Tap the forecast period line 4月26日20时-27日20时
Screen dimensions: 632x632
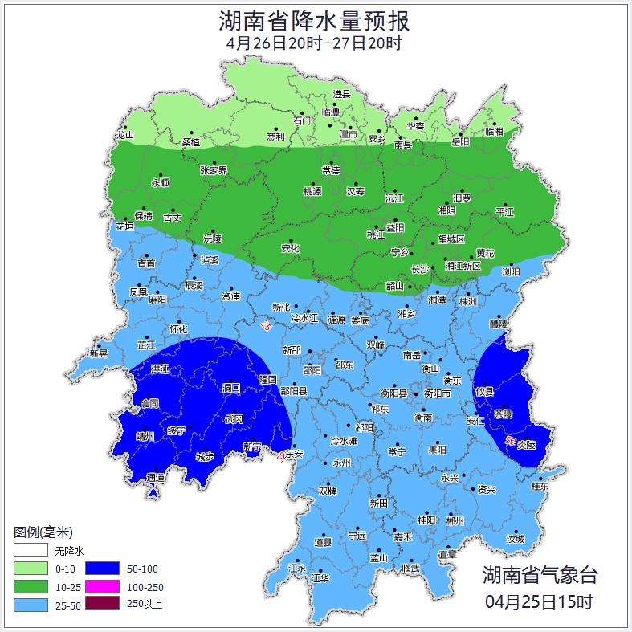click(315, 43)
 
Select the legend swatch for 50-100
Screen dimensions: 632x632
click(100, 569)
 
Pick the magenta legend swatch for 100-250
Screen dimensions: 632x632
click(100, 586)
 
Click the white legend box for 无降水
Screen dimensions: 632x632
click(30, 551)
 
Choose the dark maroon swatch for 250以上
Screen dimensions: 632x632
click(100, 604)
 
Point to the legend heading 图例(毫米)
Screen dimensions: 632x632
click(43, 532)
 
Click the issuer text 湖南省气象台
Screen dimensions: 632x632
click(540, 574)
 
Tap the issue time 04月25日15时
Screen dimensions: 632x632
click(540, 601)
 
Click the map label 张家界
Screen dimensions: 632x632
click(214, 170)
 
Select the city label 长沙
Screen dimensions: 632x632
click(420, 270)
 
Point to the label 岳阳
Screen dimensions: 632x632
click(460, 142)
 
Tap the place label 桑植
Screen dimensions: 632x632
click(191, 141)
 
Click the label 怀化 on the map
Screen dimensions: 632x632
click(178, 329)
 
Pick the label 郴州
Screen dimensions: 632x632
click(455, 520)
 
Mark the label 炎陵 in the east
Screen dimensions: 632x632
click(526, 443)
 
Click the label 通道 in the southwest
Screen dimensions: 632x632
click(155, 478)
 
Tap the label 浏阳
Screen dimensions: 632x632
click(511, 271)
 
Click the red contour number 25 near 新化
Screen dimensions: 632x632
click(266, 326)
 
